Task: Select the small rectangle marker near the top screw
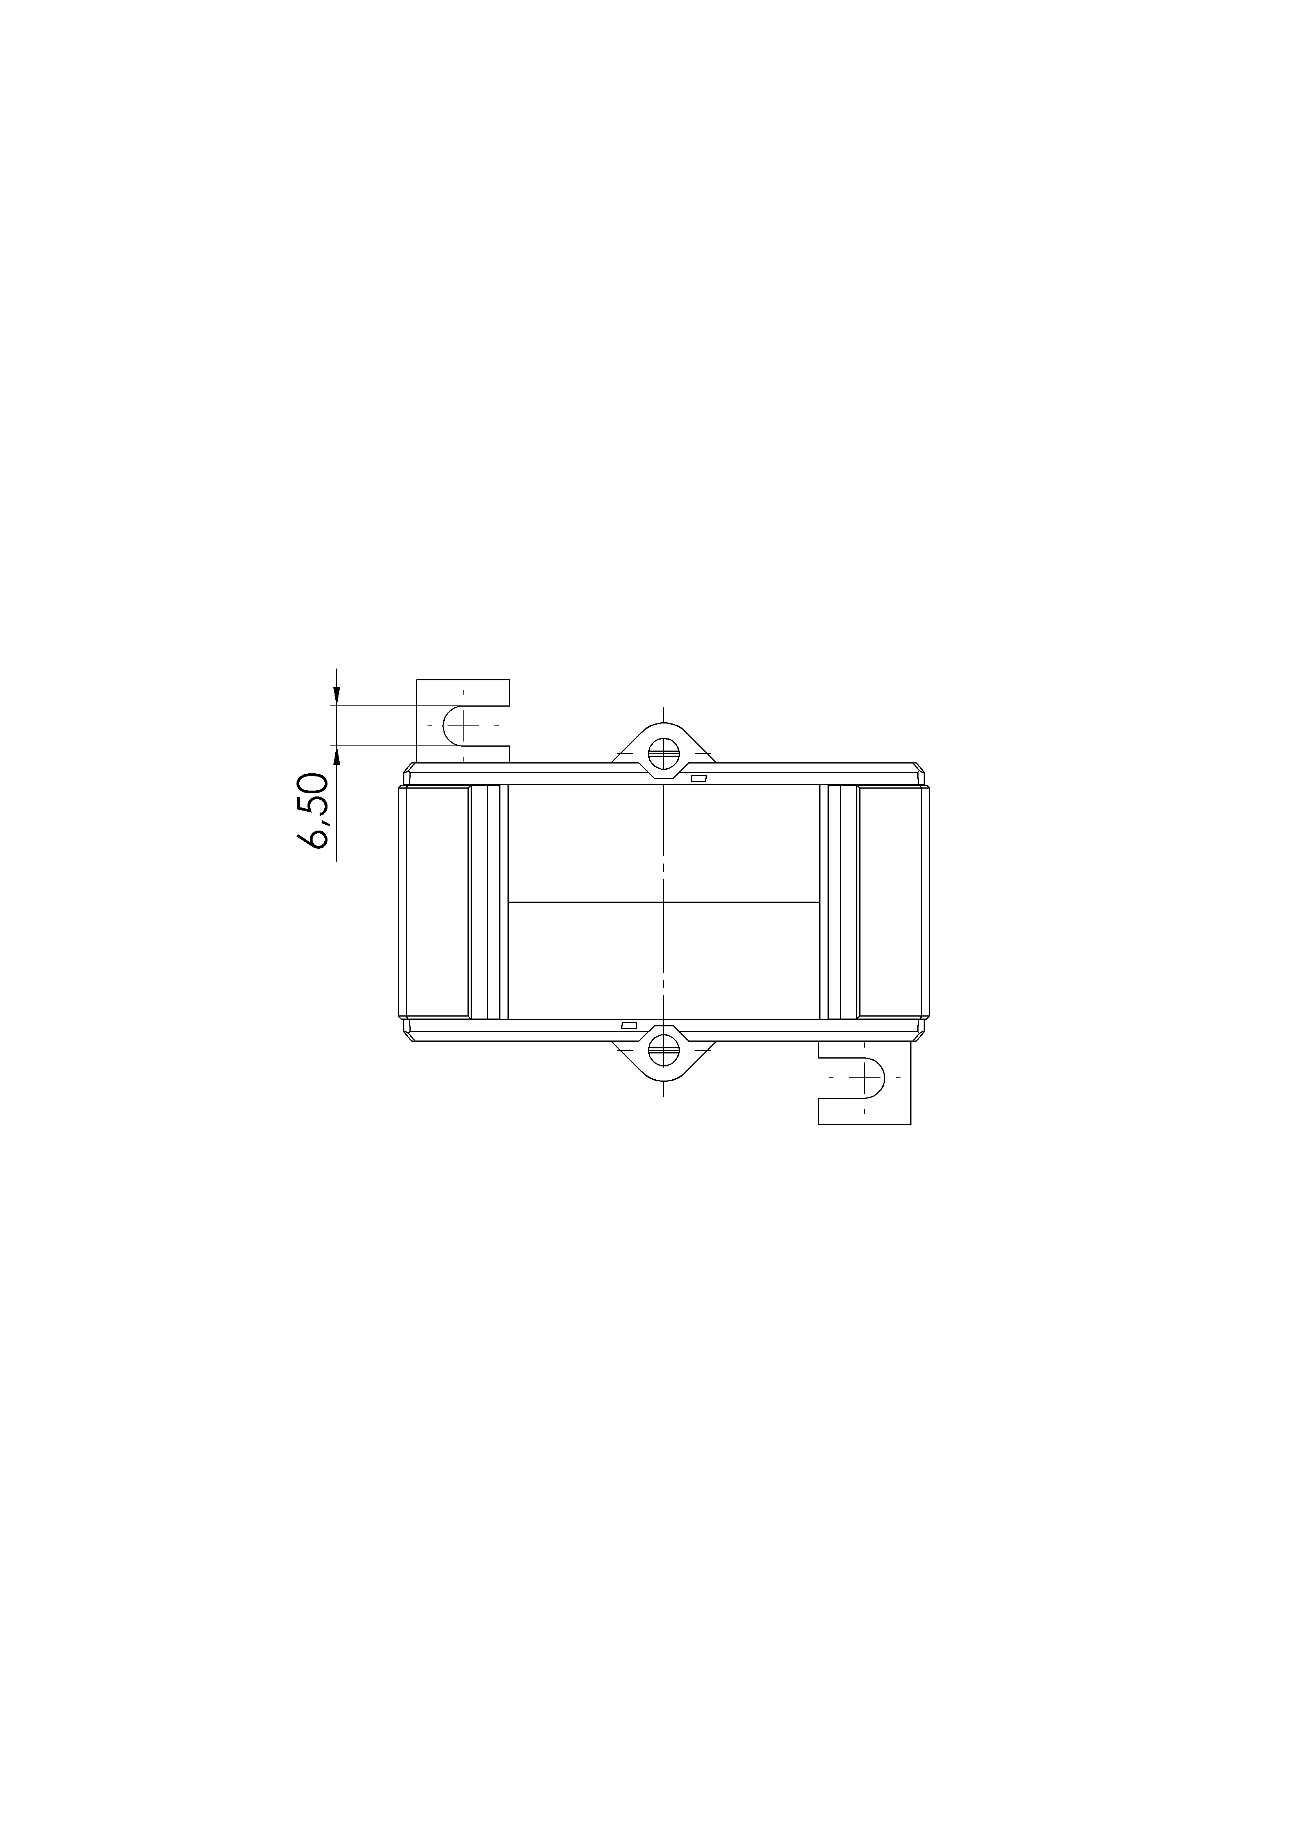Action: (699, 778)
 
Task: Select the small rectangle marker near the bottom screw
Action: (629, 1024)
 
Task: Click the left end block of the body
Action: (437, 902)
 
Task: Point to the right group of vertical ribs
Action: (839, 902)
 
